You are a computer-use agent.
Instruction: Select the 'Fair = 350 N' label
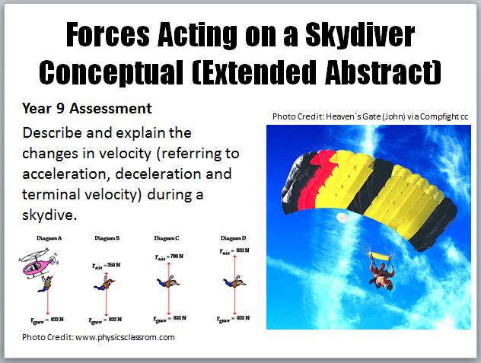coord(100,265)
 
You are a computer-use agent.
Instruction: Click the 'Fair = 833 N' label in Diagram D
coord(234,250)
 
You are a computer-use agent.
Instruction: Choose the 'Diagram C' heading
coord(166,237)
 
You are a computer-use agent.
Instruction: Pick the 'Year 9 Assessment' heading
coord(88,108)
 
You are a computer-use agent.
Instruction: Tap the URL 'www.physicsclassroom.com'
coord(126,336)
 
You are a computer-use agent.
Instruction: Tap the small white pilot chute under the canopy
coord(342,218)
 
